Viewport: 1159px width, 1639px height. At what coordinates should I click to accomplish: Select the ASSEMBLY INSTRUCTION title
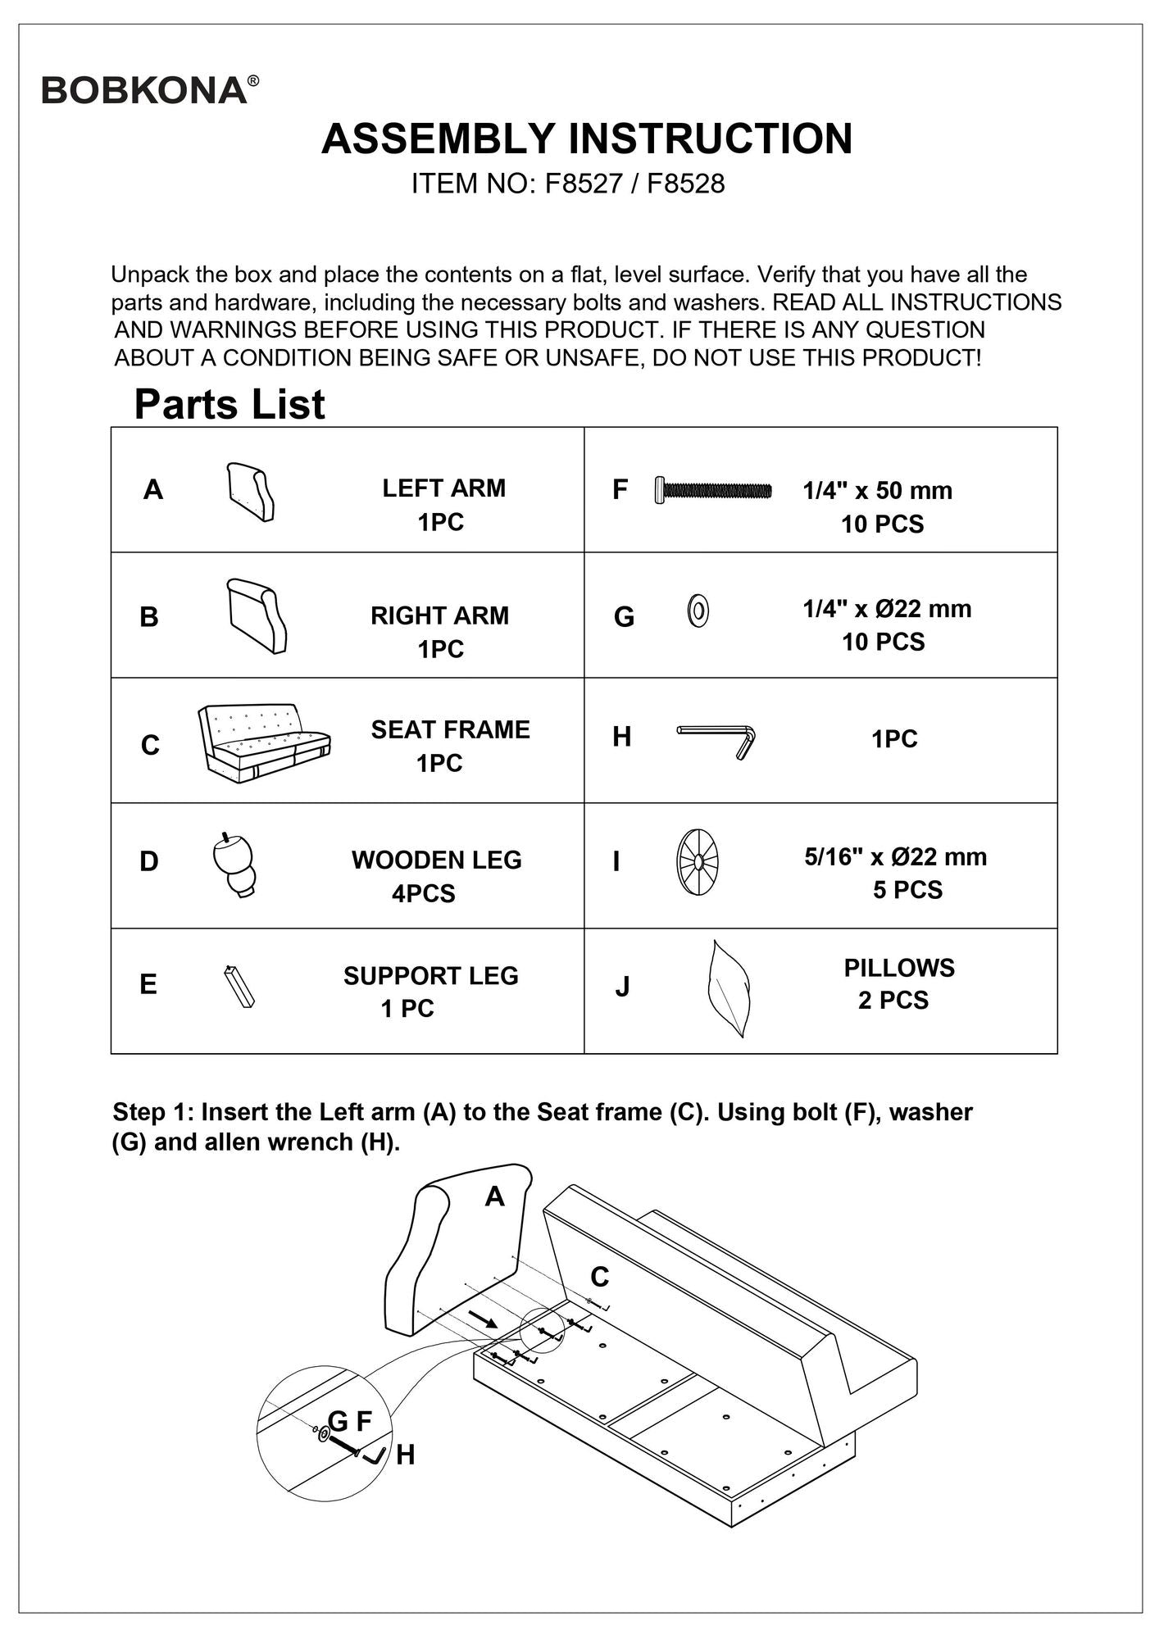[x=586, y=138]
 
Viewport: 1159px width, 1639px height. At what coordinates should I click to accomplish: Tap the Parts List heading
[x=230, y=404]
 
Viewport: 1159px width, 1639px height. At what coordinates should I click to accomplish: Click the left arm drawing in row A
[x=250, y=492]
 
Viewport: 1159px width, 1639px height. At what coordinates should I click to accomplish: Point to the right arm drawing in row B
[x=257, y=615]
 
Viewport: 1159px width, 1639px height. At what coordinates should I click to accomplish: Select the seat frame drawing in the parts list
[x=263, y=742]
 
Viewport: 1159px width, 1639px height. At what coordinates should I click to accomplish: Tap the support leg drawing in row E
[x=239, y=987]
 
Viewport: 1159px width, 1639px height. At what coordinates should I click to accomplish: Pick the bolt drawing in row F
[x=713, y=490]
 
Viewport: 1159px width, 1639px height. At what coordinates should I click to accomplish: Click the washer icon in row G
[x=698, y=611]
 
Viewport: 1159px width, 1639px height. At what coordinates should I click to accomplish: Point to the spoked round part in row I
[x=697, y=862]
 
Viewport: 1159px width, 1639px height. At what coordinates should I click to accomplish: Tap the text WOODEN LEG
[x=436, y=860]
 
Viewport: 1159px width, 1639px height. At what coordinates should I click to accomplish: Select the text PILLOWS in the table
[x=899, y=968]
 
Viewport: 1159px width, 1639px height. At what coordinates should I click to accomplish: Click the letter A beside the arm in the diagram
[x=494, y=1197]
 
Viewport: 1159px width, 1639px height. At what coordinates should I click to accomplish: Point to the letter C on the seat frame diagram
[x=599, y=1277]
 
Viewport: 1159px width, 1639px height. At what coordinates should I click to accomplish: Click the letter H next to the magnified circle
[x=405, y=1455]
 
